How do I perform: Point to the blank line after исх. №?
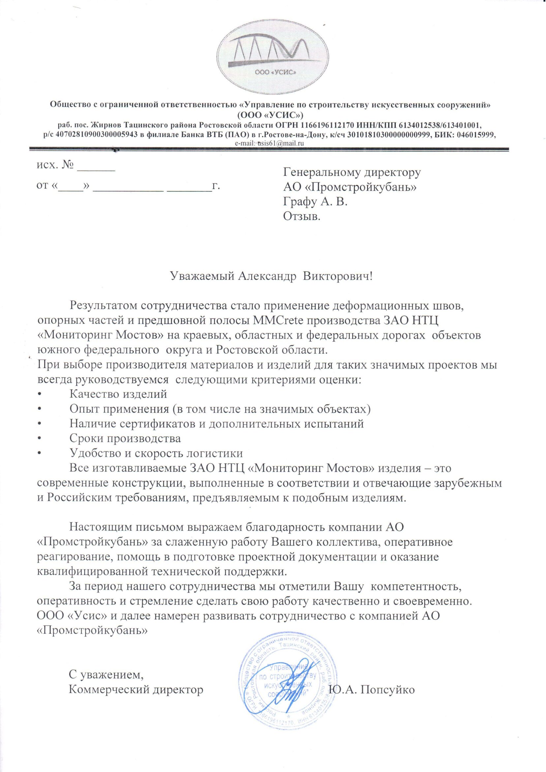(96, 168)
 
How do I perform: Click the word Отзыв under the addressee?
(302, 217)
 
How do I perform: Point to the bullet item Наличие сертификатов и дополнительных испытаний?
(216, 424)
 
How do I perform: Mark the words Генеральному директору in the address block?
(352, 172)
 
